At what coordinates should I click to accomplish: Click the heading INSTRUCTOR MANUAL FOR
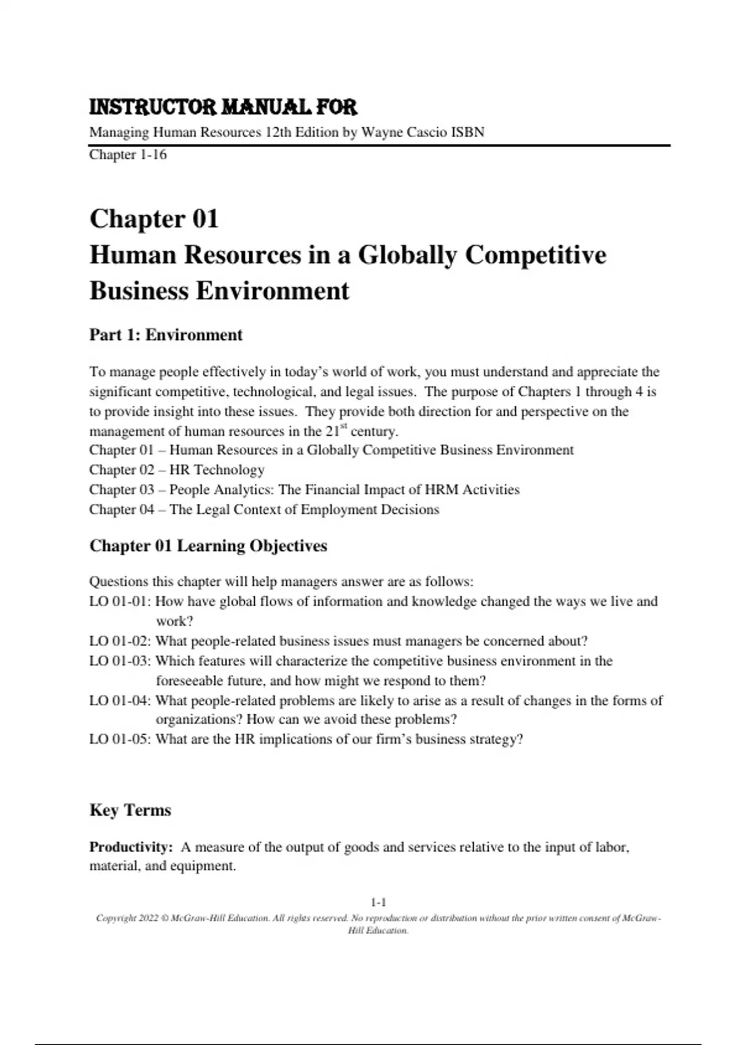223,108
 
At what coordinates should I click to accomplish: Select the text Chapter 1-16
128,154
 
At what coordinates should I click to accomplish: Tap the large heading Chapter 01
154,219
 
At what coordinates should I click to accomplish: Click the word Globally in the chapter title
408,254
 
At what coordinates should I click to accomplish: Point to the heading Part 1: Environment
166,335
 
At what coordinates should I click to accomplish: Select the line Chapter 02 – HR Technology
177,470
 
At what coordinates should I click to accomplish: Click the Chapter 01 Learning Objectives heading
208,546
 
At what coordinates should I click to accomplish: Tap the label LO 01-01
120,601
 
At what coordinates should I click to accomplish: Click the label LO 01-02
120,641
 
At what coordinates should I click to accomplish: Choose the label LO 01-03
120,661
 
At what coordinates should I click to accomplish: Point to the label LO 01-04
120,701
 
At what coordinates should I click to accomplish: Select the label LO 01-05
120,739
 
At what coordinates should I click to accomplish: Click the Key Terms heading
130,810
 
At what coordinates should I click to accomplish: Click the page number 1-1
378,902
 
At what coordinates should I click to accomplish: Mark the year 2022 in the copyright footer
149,918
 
